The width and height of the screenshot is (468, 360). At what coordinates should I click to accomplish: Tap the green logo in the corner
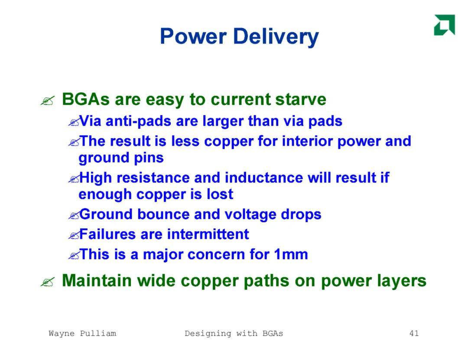[445, 25]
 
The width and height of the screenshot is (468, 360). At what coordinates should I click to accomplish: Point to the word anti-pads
[139, 121]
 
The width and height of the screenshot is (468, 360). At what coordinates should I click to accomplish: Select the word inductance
[264, 178]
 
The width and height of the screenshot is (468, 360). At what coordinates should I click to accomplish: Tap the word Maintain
[97, 281]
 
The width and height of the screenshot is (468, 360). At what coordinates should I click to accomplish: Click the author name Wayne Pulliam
[82, 334]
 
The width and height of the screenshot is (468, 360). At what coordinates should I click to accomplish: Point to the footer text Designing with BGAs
[234, 334]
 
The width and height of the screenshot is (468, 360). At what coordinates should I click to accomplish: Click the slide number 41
[414, 333]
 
